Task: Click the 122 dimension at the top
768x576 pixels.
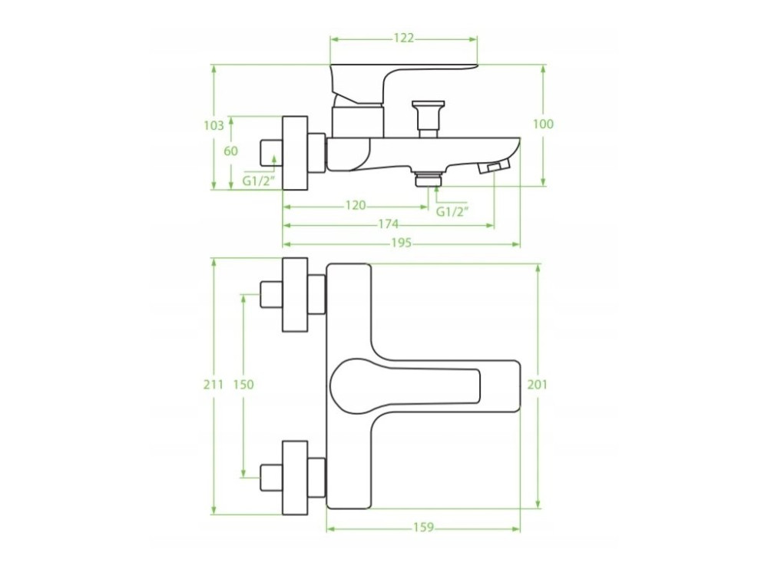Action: (404, 38)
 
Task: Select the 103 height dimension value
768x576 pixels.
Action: (214, 125)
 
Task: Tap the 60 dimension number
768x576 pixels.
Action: (230, 151)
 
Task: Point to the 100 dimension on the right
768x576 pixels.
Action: (543, 124)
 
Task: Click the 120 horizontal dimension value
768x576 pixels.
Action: (356, 206)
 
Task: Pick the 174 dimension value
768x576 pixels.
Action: (389, 224)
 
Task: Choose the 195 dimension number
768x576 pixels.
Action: (401, 243)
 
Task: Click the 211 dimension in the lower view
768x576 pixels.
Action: (214, 385)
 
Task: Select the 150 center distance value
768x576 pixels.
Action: (243, 385)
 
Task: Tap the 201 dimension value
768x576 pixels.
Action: (538, 385)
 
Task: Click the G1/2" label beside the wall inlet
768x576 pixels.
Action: (257, 181)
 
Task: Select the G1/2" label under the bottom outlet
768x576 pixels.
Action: (452, 212)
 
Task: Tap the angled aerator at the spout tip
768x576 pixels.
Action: (494, 166)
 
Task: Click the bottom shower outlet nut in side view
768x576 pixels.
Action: (428, 178)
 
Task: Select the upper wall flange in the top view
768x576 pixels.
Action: (295, 294)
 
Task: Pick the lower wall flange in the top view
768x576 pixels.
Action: (295, 478)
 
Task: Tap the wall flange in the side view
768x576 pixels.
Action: (295, 153)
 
